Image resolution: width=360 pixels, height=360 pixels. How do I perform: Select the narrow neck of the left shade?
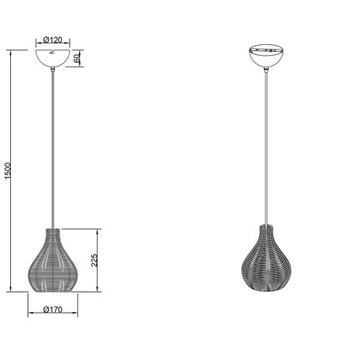(53, 232)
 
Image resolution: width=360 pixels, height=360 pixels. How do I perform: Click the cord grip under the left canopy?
(53, 73)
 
